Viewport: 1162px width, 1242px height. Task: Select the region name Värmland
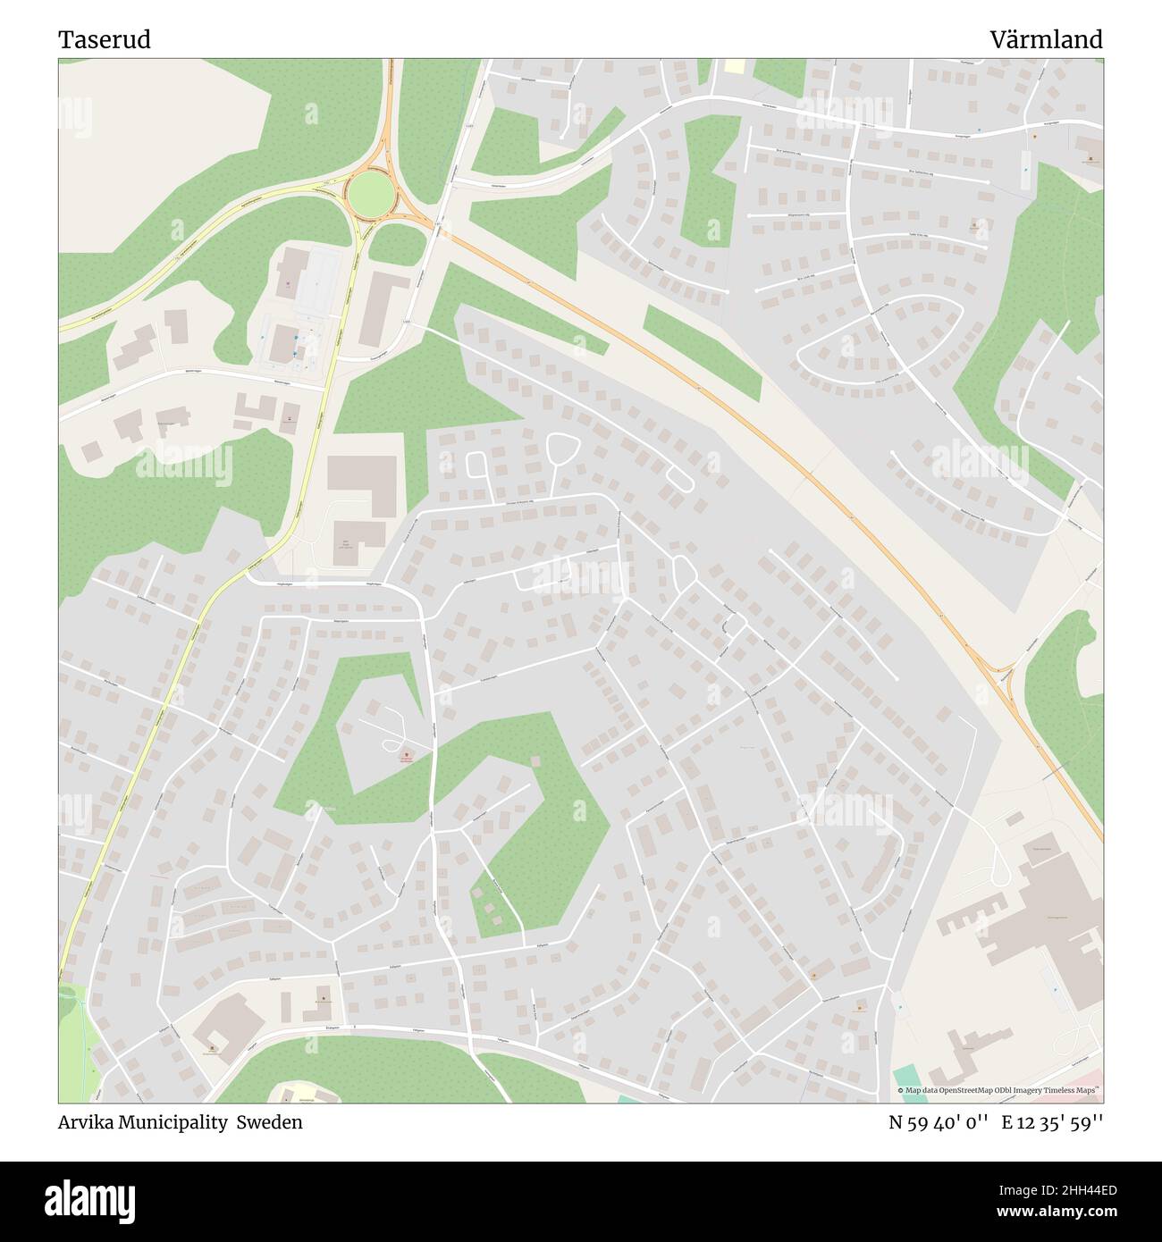(1046, 40)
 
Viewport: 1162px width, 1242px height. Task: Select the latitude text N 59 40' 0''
(938, 1122)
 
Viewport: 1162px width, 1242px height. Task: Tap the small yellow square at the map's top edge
(734, 66)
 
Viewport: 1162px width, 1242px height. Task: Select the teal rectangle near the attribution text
(905, 1076)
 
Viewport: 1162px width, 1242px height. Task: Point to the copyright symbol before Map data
(901, 1090)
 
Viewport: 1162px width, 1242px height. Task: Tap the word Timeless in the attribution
(1060, 1090)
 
